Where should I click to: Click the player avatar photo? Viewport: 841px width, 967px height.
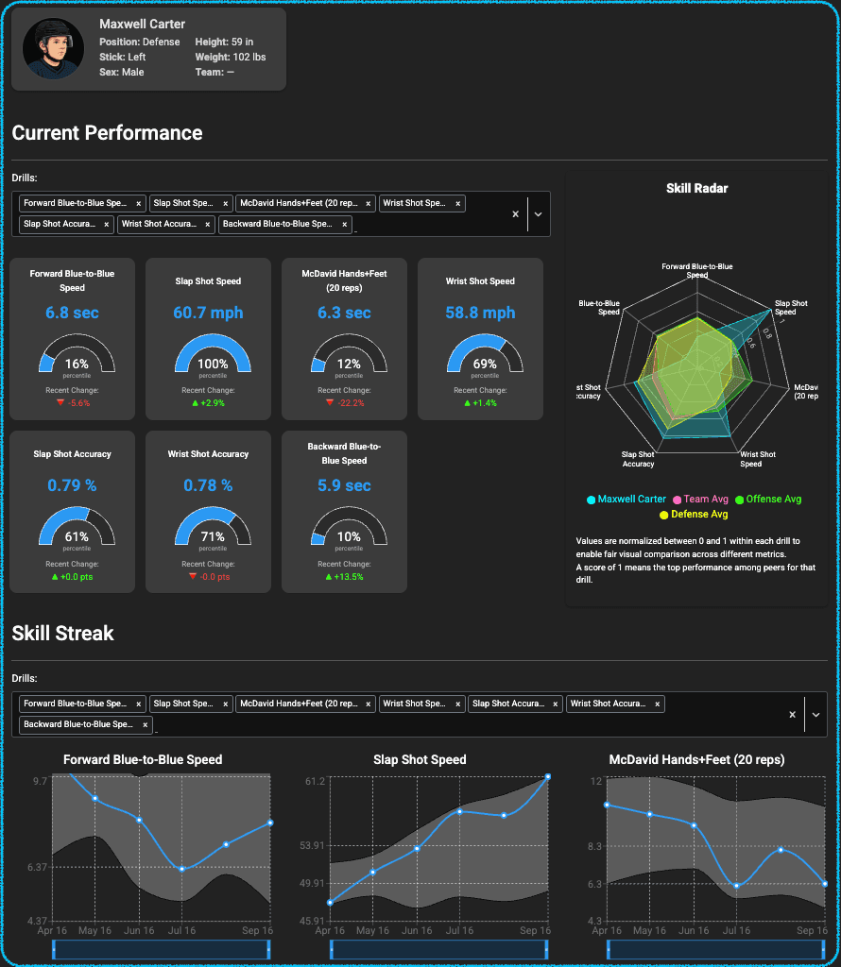coord(54,49)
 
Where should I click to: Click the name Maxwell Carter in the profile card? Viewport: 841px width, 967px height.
coord(142,24)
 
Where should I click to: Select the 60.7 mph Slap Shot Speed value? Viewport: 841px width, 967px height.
coord(208,313)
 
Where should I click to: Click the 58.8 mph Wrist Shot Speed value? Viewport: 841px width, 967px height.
coord(480,313)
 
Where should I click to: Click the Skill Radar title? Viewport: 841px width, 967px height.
coord(696,188)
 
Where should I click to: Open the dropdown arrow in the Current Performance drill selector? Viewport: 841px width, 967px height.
coord(538,214)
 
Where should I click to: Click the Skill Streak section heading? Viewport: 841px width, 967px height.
coord(62,634)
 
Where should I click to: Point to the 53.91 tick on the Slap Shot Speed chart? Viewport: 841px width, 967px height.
coord(312,845)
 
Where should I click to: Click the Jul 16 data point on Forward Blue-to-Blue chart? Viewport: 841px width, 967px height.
coord(181,869)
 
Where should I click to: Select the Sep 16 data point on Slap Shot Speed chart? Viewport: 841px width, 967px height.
coord(548,777)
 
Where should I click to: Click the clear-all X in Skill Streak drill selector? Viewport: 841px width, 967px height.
coord(792,715)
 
